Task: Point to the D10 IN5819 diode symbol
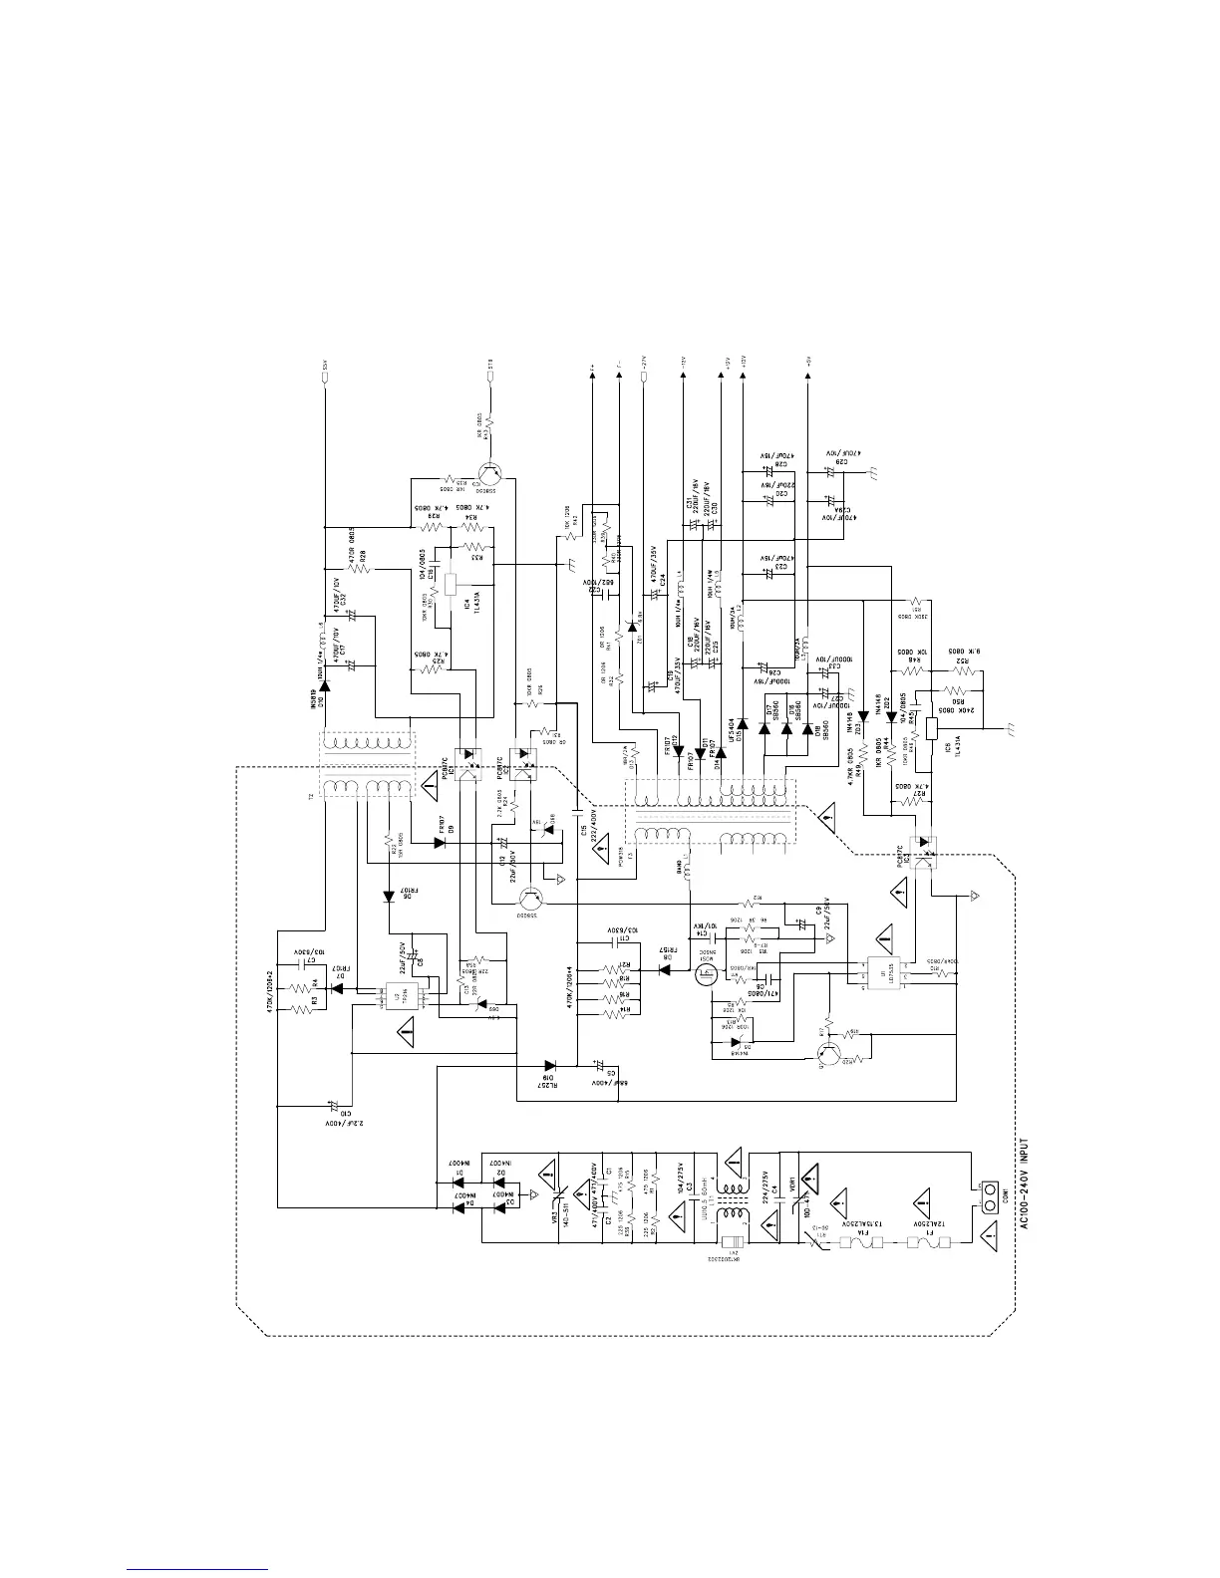pyautogui.click(x=325, y=685)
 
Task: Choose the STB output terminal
pyautogui.click(x=489, y=382)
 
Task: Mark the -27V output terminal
pyautogui.click(x=643, y=382)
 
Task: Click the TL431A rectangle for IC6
pyautogui.click(x=931, y=728)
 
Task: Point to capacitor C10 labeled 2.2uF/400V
pyautogui.click(x=333, y=1106)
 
